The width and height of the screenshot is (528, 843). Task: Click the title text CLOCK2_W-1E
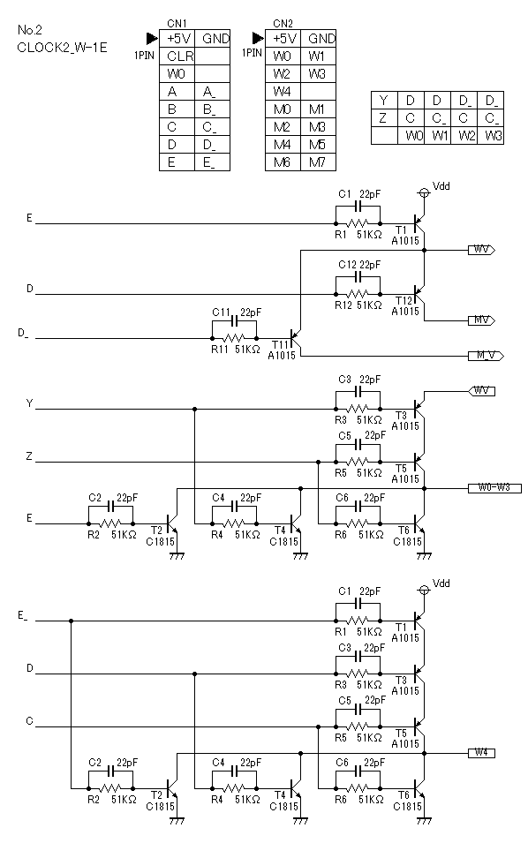[62, 48]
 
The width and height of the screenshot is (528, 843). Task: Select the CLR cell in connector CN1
[177, 56]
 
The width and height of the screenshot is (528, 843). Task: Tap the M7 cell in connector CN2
[319, 162]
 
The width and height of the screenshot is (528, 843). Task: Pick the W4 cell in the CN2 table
[283, 92]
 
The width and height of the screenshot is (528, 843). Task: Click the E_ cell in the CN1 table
[212, 162]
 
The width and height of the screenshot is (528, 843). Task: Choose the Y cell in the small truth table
[384, 101]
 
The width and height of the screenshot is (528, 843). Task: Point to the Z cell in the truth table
[384, 117]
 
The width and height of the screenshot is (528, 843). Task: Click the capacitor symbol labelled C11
[234, 321]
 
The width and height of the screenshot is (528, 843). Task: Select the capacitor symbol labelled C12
[358, 277]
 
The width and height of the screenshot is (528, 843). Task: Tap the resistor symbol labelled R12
[358, 294]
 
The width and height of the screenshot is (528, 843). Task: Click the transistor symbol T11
[295, 339]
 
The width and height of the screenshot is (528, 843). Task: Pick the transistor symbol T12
[419, 294]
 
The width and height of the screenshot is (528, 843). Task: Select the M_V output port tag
[486, 356]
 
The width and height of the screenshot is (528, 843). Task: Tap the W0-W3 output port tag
[494, 488]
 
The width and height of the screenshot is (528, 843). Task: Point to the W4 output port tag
[481, 753]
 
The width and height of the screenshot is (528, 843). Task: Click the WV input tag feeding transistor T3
[481, 391]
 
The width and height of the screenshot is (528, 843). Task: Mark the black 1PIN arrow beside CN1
[152, 39]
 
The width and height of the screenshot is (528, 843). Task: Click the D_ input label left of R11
[23, 334]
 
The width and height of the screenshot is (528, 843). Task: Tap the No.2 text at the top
[29, 29]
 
